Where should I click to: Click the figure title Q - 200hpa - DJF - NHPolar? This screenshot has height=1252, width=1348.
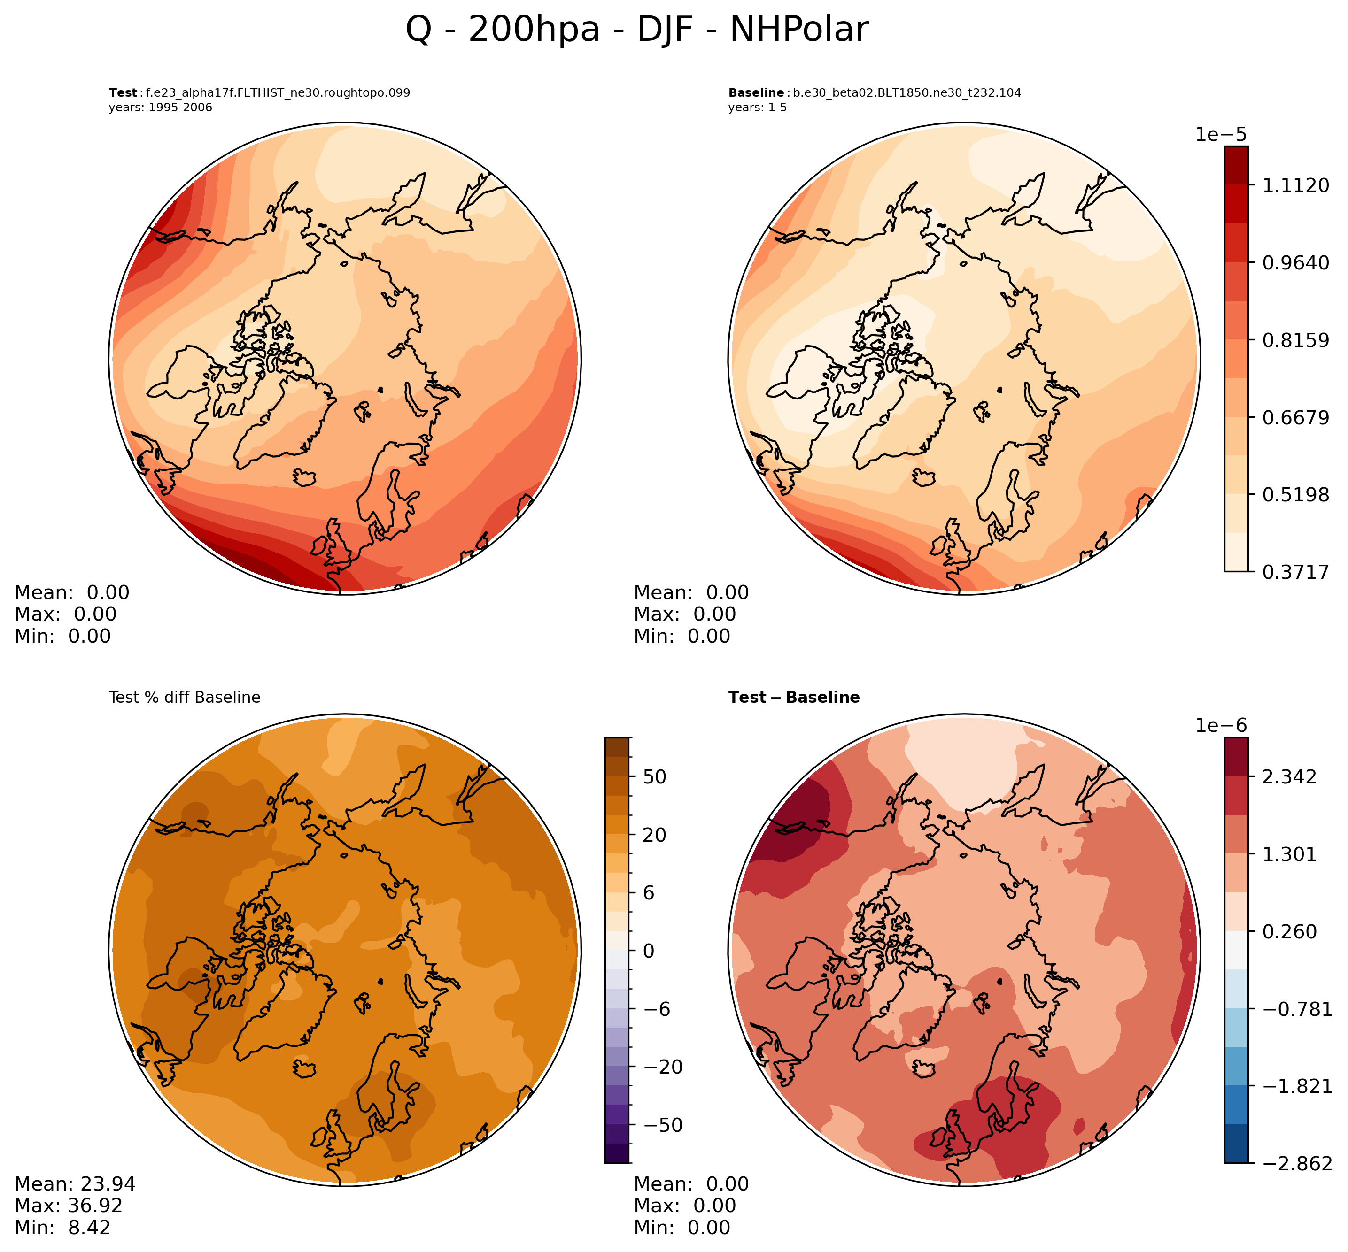pyautogui.click(x=636, y=31)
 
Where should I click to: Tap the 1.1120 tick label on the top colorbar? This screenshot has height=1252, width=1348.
pyautogui.click(x=1295, y=185)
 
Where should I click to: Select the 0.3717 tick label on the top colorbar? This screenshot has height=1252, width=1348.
pyautogui.click(x=1295, y=572)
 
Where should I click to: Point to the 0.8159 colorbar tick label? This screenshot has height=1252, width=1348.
pyautogui.click(x=1295, y=340)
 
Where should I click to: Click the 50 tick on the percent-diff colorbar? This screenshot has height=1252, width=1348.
pyautogui.click(x=654, y=777)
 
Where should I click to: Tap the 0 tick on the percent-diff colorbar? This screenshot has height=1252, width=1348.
pyautogui.click(x=649, y=951)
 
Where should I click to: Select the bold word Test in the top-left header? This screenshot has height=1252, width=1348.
pyautogui.click(x=123, y=93)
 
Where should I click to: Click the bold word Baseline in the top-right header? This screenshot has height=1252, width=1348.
pyautogui.click(x=756, y=93)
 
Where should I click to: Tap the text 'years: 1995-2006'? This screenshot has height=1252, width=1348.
pyautogui.click(x=160, y=108)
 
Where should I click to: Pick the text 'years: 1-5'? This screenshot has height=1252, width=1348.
pyautogui.click(x=757, y=108)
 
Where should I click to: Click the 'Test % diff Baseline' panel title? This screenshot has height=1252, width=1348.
pyautogui.click(x=184, y=698)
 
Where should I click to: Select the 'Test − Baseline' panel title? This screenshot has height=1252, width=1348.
pyautogui.click(x=794, y=698)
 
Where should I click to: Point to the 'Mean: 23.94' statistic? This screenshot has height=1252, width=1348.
pyautogui.click(x=75, y=1183)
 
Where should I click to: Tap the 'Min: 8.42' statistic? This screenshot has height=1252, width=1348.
pyautogui.click(x=62, y=1228)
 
